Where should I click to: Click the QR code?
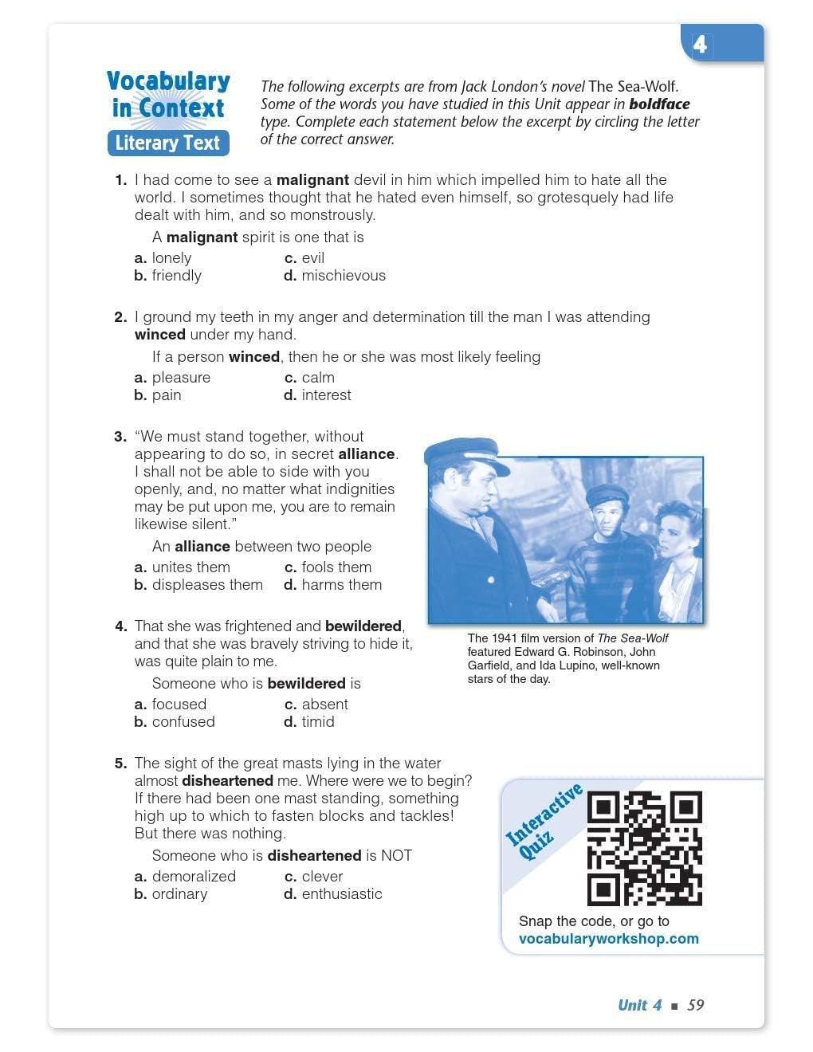click(x=644, y=848)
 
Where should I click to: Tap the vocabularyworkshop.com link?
click(x=608, y=939)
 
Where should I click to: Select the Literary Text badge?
click(x=168, y=143)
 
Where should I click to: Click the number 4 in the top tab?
click(x=700, y=45)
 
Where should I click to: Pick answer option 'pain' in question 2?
click(x=166, y=395)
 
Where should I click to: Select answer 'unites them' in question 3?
click(x=190, y=567)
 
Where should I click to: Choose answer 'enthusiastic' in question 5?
click(x=341, y=894)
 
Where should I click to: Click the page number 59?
click(x=696, y=1005)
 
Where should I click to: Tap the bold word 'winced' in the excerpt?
click(x=160, y=335)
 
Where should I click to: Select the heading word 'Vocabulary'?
click(x=168, y=81)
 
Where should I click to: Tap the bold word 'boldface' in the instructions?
click(x=659, y=104)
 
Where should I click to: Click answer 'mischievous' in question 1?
click(x=343, y=276)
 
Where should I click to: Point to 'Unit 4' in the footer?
click(x=639, y=1005)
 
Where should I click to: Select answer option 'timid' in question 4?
click(x=317, y=722)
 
